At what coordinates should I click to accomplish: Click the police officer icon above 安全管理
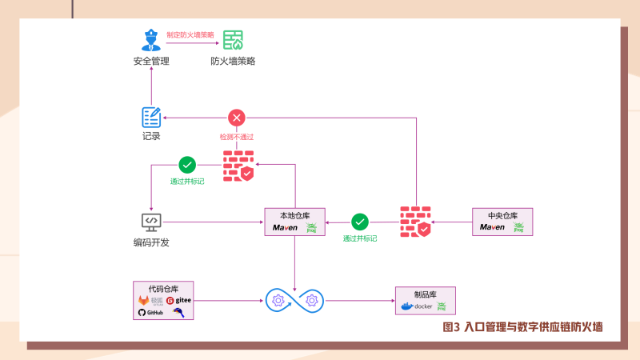(x=150, y=40)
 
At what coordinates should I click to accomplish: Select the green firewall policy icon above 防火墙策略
(x=233, y=40)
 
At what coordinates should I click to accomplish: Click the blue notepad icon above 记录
(x=151, y=117)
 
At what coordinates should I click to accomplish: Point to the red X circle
(x=236, y=118)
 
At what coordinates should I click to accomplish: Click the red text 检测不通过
(x=236, y=137)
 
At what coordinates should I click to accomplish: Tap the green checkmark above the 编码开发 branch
(x=187, y=165)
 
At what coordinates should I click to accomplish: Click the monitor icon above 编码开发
(x=151, y=222)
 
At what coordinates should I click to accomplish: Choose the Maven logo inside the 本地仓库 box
(x=286, y=228)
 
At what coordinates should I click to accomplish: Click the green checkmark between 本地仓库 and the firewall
(x=360, y=222)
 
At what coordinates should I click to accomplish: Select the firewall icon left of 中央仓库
(x=416, y=222)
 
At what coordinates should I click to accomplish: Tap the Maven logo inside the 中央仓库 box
(x=493, y=228)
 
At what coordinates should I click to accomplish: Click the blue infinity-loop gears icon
(x=296, y=301)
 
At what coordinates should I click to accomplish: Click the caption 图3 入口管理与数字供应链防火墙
(x=522, y=326)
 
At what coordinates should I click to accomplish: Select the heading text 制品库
(x=425, y=294)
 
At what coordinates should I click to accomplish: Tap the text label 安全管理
(x=151, y=62)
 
